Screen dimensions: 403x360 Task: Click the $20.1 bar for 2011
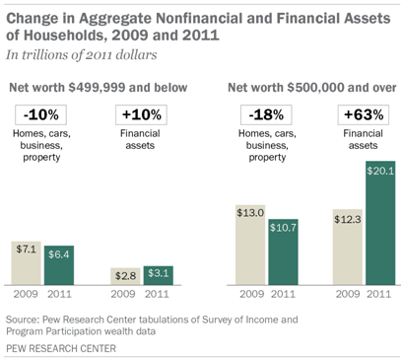click(x=380, y=223)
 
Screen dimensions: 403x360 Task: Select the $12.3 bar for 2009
click(x=348, y=247)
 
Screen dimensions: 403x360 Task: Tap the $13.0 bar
click(x=250, y=245)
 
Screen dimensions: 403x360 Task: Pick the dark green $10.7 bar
click(x=283, y=252)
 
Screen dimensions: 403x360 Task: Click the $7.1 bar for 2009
click(x=27, y=263)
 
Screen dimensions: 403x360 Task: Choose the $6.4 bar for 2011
click(x=59, y=265)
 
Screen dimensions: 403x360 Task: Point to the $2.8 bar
click(x=125, y=276)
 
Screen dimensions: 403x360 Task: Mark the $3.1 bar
click(x=159, y=275)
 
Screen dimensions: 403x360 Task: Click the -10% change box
click(x=40, y=114)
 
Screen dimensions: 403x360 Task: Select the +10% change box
click(x=141, y=114)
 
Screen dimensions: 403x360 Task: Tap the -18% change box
click(x=266, y=114)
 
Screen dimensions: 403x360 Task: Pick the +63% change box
click(x=364, y=114)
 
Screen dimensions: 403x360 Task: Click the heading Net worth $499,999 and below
click(x=99, y=88)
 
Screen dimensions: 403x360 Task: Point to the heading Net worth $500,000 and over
click(x=312, y=88)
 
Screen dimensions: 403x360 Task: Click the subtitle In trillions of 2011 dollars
click(x=82, y=55)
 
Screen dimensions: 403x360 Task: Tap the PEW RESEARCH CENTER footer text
click(x=61, y=348)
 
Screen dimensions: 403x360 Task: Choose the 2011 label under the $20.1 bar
click(x=379, y=294)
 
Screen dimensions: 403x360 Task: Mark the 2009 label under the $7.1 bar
click(x=26, y=294)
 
